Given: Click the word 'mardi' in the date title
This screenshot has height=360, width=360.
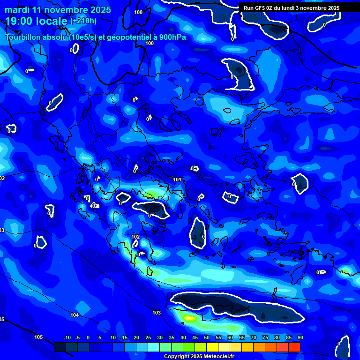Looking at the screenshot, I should (17, 10).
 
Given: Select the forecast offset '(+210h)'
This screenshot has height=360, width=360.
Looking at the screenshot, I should (83, 21).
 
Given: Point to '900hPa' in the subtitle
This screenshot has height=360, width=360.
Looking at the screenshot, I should (172, 37).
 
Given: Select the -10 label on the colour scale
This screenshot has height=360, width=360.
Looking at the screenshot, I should (67, 338).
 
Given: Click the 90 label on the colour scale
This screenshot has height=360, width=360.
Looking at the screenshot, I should (300, 338).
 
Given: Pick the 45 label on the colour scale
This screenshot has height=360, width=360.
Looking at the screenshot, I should (195, 338).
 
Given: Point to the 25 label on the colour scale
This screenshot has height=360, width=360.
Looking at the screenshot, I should (148, 338).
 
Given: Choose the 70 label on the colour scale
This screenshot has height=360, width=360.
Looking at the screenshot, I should (253, 338).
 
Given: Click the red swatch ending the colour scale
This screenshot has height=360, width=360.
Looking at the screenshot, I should (294, 347).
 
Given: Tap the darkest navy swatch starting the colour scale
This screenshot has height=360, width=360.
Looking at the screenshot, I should (60, 347).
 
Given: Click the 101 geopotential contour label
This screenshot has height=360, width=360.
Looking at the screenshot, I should (177, 180).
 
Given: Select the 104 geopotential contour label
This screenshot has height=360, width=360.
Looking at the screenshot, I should (75, 315).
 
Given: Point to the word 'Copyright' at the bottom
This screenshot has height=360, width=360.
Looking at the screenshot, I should (176, 357).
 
